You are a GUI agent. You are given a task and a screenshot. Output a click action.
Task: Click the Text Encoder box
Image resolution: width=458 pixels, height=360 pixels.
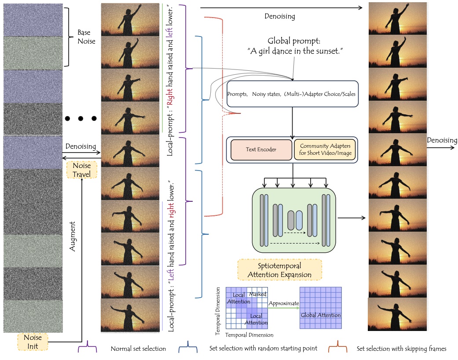click(261, 149)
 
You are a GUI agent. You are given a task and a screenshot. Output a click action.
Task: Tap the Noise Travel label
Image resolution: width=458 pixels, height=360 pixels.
click(82, 169)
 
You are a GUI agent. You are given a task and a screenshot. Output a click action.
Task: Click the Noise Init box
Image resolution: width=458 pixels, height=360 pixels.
click(33, 341)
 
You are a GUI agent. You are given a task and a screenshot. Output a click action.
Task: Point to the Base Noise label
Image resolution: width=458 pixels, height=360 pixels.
click(86, 37)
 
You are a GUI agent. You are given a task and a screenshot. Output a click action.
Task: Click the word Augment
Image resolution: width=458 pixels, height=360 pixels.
click(73, 236)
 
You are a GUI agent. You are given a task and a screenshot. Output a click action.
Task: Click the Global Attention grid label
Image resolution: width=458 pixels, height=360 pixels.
click(320, 315)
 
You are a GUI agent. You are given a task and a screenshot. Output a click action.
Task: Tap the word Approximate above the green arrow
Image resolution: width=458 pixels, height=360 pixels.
click(283, 303)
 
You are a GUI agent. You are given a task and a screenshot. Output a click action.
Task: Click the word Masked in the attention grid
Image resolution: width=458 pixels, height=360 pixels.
click(258, 294)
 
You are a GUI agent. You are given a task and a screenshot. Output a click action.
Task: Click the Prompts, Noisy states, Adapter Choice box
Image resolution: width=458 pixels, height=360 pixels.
click(291, 94)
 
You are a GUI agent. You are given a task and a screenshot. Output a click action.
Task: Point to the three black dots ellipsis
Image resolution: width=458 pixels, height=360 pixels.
click(81, 119)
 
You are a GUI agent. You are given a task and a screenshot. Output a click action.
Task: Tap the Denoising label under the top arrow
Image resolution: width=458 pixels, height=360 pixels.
click(280, 17)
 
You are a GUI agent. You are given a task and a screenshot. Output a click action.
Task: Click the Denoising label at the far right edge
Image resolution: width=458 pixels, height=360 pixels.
click(442, 141)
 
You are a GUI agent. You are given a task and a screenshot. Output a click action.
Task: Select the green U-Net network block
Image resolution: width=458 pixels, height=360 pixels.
click(294, 218)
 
